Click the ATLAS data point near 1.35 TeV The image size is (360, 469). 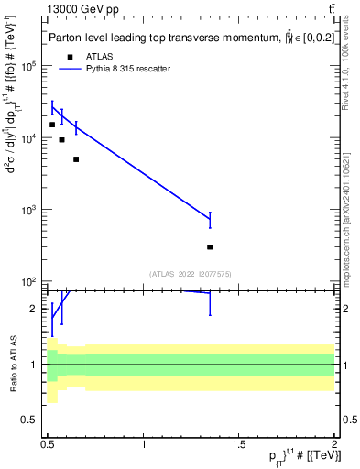pyautogui.click(x=210, y=246)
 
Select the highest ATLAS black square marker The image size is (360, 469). pyautogui.click(x=52, y=125)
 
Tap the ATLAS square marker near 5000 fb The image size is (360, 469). pyautogui.click(x=76, y=159)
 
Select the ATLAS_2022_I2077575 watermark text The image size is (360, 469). pyautogui.click(x=191, y=273)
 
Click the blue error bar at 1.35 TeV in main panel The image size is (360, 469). pyautogui.click(x=210, y=220)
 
